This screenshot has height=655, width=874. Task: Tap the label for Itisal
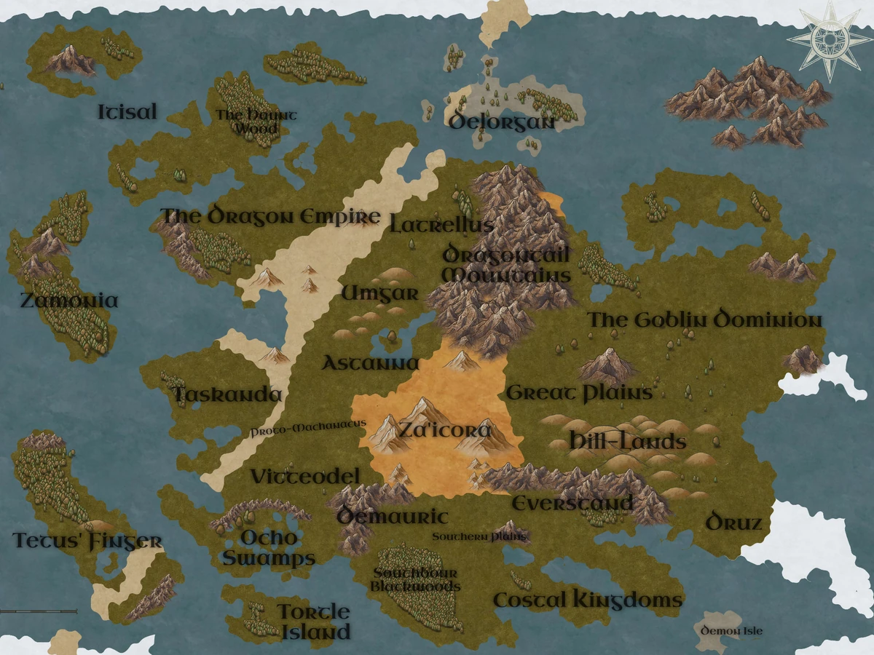(x=127, y=112)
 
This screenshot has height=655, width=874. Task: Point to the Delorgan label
(x=501, y=121)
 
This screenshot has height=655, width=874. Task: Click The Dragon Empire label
(x=270, y=217)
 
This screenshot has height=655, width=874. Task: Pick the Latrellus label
(x=441, y=224)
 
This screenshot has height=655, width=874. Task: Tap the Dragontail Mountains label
(x=506, y=265)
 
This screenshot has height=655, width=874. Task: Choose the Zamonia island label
(x=69, y=301)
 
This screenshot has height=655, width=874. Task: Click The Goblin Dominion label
(x=704, y=320)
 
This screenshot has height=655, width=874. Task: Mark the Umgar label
(x=380, y=293)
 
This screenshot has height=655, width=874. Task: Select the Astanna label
(x=371, y=363)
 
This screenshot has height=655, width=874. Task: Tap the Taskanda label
(x=227, y=395)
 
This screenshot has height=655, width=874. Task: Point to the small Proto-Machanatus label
(x=307, y=431)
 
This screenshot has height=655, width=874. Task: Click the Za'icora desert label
(x=444, y=430)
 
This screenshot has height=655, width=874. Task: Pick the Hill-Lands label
(x=628, y=442)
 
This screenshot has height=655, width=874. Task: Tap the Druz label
(x=733, y=523)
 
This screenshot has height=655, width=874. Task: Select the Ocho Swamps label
(x=269, y=548)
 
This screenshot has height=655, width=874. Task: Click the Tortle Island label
(x=315, y=621)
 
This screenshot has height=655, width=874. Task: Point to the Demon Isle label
(x=731, y=630)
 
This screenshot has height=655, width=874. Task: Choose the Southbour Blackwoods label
(x=415, y=579)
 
